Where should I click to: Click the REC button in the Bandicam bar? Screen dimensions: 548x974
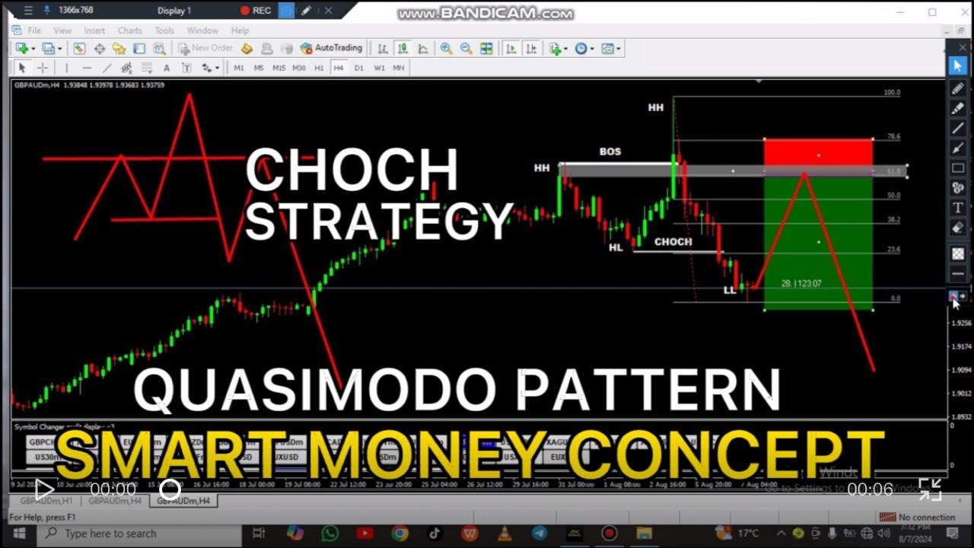coord(256,11)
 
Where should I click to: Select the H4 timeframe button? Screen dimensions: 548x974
coord(339,68)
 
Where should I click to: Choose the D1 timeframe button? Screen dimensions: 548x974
coord(359,68)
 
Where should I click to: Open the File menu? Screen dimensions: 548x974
coord(34,30)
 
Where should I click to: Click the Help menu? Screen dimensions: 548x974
coord(240,30)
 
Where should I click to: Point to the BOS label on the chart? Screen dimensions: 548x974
coord(610,151)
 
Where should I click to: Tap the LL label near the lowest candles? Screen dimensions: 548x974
coord(730,290)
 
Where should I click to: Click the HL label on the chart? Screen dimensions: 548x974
coord(616,247)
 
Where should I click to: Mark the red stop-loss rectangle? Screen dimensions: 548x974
coord(818,151)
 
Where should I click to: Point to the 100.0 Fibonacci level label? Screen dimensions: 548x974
coord(892,93)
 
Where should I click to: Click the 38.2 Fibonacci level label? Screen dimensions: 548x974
coord(893,220)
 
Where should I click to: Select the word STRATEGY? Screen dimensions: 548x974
coord(378,221)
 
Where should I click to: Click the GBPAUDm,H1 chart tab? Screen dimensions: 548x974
coord(46,501)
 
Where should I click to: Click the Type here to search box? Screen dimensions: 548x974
coord(110,534)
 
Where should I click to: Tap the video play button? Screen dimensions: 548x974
coord(44,489)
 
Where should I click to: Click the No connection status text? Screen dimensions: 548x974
coord(926,518)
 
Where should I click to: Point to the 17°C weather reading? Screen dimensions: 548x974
coord(748,534)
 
